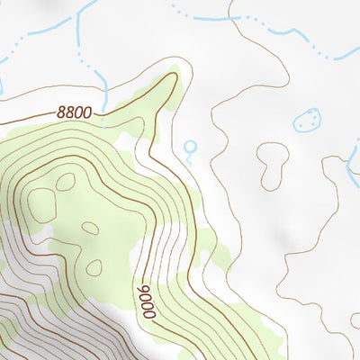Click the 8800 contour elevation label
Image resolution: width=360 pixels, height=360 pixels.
74,113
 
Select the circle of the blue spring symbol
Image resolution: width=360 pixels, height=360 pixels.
189,146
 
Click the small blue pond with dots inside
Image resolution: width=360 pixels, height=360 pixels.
308,120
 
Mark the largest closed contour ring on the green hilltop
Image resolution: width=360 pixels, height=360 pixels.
40,205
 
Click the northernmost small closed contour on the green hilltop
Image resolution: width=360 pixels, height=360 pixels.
65,182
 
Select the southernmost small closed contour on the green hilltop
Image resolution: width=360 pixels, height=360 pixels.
94,267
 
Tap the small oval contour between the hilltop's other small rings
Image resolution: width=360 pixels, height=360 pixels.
90,228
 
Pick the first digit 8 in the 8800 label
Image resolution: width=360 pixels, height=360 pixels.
61,114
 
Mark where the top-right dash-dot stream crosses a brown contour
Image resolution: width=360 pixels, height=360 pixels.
232,16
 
